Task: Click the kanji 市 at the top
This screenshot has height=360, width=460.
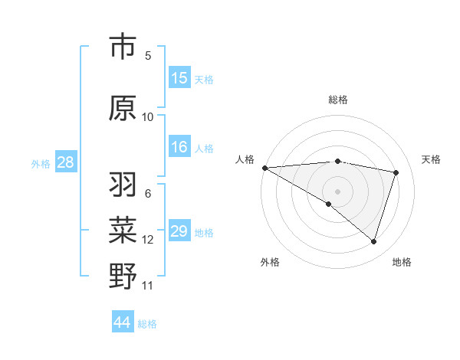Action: point(123,47)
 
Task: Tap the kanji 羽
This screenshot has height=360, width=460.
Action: point(123,185)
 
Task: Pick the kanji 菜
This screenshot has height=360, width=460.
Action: point(123,230)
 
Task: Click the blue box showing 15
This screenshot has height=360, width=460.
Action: point(179,78)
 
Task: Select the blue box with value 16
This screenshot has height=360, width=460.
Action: point(179,148)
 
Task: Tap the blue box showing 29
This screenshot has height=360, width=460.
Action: point(179,231)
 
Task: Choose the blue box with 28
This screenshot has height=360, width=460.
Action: point(65,162)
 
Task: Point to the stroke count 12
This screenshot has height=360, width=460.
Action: point(148,240)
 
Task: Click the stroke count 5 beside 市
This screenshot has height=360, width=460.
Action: point(148,55)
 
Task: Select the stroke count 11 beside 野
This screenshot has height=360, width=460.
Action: point(148,286)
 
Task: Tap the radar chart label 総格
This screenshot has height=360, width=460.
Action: point(337,100)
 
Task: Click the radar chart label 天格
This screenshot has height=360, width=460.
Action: point(431,159)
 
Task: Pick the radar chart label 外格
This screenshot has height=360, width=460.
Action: point(270,262)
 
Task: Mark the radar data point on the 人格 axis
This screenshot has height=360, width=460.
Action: point(264,168)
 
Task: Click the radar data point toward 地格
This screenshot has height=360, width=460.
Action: point(373,241)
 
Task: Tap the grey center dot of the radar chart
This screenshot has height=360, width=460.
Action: point(337,190)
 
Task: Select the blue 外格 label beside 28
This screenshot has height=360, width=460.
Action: point(41,163)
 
